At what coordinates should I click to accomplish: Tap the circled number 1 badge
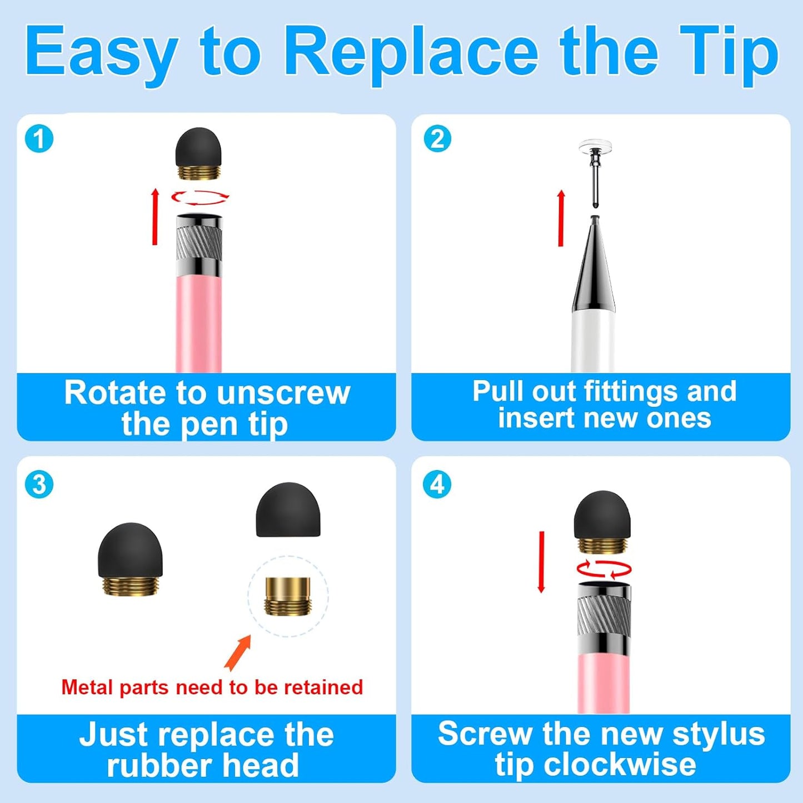coord(39,139)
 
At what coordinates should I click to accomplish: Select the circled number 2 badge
coord(437,139)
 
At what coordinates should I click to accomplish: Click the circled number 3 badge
coord(39,485)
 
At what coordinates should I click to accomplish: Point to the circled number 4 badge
coord(437,485)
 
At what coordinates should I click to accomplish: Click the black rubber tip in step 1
coord(198,147)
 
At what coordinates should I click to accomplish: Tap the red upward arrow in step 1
coord(155,217)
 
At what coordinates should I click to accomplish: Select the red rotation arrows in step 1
coord(200,197)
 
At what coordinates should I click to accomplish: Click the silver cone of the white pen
coord(594,267)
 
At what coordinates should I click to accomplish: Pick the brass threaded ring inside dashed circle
coord(288,596)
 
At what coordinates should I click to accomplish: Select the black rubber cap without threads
coord(288,510)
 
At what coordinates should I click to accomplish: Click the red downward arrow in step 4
coord(541,561)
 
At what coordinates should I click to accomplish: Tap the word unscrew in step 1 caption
coord(283,393)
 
